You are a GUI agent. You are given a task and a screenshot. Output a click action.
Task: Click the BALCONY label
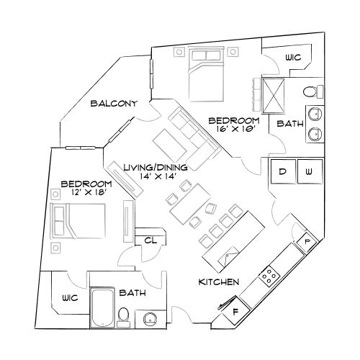tap(114, 104)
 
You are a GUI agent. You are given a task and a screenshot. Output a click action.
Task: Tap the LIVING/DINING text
tap(155, 167)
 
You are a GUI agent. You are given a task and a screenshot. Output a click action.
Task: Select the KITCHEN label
tap(219, 282)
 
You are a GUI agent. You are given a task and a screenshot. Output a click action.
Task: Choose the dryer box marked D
tap(283, 172)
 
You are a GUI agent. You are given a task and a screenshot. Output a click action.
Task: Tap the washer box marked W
tap(308, 172)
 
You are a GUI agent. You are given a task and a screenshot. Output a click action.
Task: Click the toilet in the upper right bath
tap(310, 91)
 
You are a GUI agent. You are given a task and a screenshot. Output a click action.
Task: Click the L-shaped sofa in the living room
tap(188, 137)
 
